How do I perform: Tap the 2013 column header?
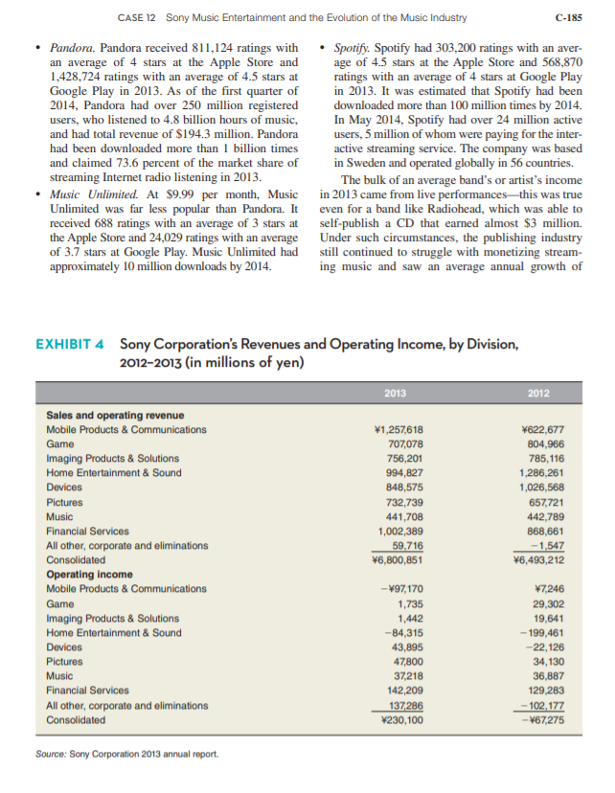[x=395, y=392]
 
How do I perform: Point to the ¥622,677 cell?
[x=540, y=429]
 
